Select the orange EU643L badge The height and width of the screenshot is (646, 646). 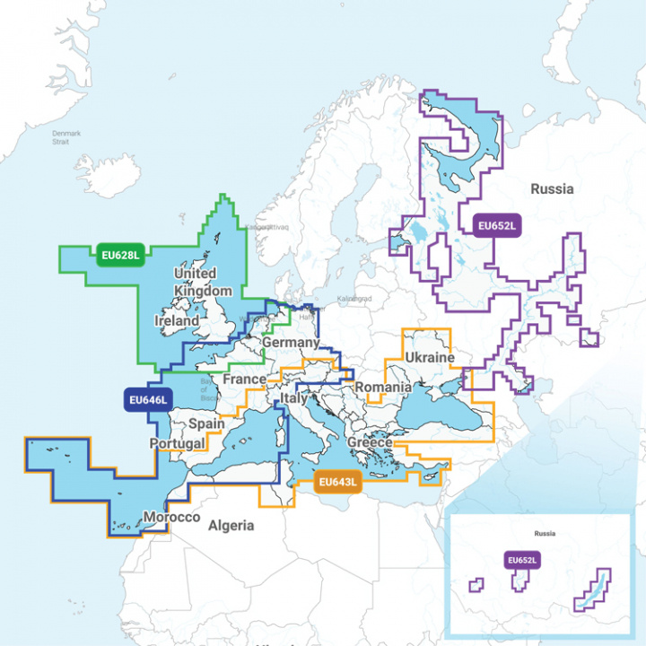(x=337, y=483)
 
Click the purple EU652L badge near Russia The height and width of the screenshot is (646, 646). (x=497, y=226)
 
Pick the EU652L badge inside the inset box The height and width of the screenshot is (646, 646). (x=521, y=561)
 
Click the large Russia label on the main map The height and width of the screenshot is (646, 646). (x=551, y=189)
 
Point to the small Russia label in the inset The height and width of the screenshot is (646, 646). (x=544, y=533)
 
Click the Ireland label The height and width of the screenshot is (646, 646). (x=177, y=320)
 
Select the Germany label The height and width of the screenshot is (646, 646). (x=291, y=343)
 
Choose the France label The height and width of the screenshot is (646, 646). (x=244, y=380)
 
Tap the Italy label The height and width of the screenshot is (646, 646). (x=294, y=397)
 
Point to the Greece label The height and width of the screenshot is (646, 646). (x=370, y=443)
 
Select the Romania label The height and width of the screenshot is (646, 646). (x=383, y=388)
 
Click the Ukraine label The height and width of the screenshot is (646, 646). (x=430, y=357)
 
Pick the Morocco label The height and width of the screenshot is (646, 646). (x=172, y=519)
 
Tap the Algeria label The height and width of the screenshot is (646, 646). (x=231, y=526)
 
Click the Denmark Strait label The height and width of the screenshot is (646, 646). (x=66, y=137)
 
